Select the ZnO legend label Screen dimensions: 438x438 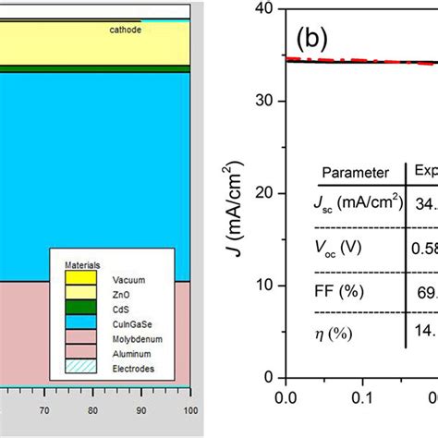click(x=122, y=290)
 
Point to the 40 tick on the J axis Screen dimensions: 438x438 click(x=267, y=8)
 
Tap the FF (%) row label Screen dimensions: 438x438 click(x=340, y=290)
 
